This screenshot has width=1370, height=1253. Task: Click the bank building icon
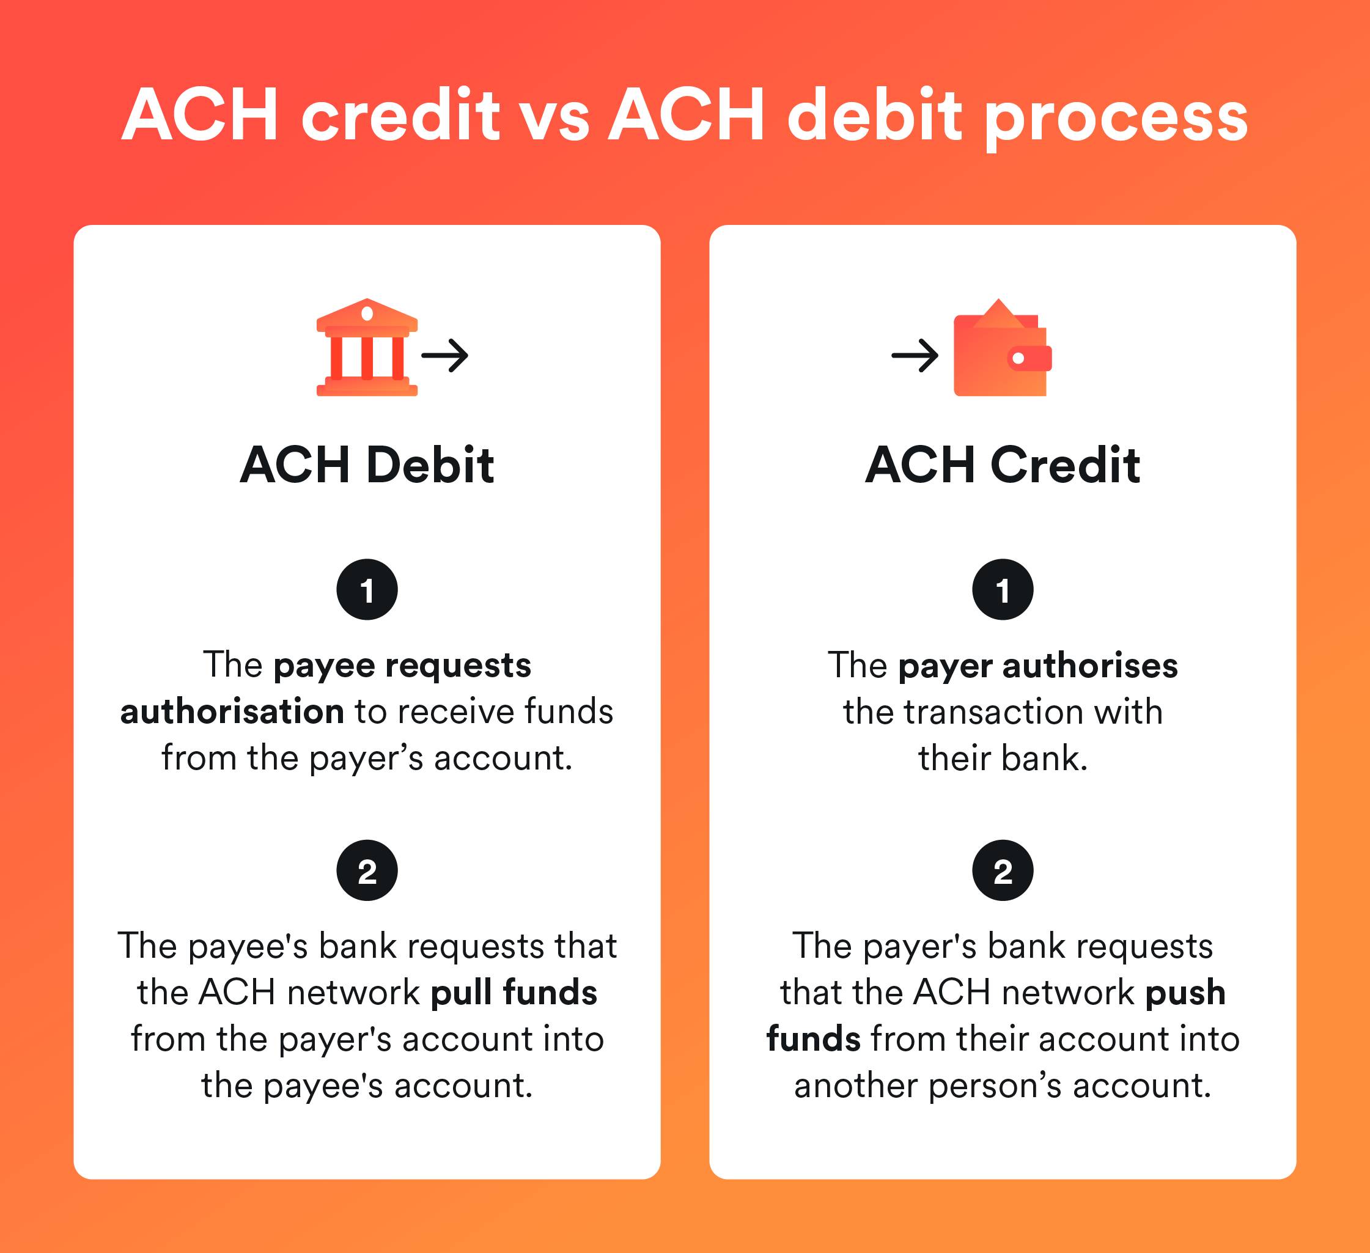pos(367,347)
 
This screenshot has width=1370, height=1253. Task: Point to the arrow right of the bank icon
pos(445,355)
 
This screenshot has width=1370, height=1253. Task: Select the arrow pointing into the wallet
pos(915,355)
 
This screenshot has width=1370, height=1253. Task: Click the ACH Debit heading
pos(367,466)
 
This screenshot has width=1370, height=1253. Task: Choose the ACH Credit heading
pos(1003,466)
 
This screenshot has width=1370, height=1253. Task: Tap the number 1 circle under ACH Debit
pos(367,590)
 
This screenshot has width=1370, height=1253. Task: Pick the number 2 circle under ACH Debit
pos(367,870)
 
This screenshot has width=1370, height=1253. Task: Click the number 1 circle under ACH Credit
pos(1003,590)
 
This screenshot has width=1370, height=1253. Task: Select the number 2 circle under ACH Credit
pos(1003,870)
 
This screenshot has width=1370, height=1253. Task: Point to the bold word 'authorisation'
pos(232,711)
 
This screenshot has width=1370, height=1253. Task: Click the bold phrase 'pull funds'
pos(514,992)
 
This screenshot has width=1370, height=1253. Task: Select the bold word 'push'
pos(1185,993)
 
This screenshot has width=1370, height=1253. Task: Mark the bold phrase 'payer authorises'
pos(1037,666)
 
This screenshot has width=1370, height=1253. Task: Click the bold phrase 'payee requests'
pos(402,666)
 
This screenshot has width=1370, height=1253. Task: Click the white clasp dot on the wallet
pos(1018,358)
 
